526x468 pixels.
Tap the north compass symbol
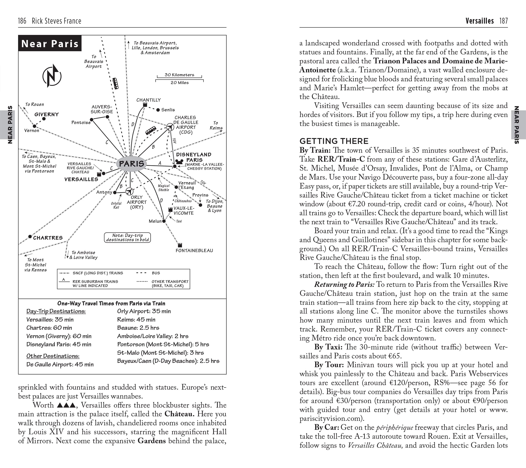coord(52,76)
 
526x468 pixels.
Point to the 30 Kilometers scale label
coord(179,75)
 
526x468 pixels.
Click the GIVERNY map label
coord(47,114)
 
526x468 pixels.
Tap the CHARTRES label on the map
coord(48,238)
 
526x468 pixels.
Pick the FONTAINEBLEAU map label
coord(194,250)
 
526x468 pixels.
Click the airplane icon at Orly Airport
coord(130,191)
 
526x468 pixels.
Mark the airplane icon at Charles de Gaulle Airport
coord(170,127)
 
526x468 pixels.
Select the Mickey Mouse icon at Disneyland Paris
coord(179,162)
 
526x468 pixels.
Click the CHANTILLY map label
coord(148,100)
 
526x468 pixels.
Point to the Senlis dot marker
coord(158,110)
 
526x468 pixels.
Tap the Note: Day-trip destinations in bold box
coord(127,238)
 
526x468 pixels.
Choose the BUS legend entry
coord(156,273)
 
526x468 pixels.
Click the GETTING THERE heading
coord(334,141)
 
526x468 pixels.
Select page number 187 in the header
coord(503,21)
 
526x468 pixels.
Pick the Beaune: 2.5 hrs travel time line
coord(138,328)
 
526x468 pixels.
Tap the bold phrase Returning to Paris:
coord(344,285)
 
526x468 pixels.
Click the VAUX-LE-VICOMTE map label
coord(184,210)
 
